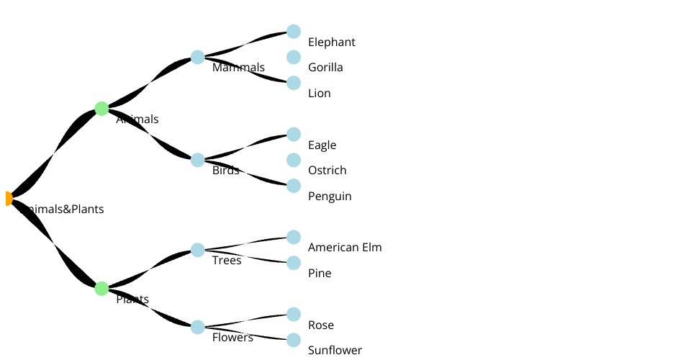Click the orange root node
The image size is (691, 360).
[x=8, y=199]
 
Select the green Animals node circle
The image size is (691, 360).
[x=101, y=109]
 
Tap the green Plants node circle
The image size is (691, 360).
[x=101, y=289]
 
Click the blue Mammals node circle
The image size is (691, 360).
[x=198, y=58]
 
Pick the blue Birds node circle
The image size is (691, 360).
[x=198, y=160]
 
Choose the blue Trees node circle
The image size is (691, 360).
[x=198, y=250]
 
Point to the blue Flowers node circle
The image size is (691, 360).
[x=198, y=327]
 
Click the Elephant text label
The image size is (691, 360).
[x=331, y=42]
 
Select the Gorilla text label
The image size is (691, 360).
[x=325, y=68]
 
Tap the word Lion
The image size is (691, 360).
[x=319, y=94]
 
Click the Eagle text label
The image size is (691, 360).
[x=322, y=145]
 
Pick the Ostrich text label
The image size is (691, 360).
[x=327, y=171]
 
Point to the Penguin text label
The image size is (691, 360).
[x=330, y=197]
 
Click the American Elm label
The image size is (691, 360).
[x=345, y=248]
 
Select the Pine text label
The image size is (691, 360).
[x=320, y=274]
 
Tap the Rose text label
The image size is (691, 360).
[x=321, y=325]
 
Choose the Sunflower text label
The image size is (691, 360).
[x=335, y=351]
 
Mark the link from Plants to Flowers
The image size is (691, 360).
[x=150, y=308]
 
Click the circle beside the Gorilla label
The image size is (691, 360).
[x=294, y=57]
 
